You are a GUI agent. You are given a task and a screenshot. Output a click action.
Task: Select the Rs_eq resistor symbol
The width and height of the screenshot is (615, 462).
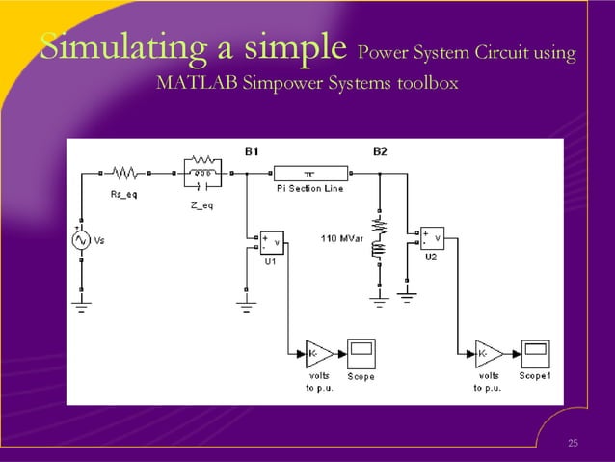(x=125, y=174)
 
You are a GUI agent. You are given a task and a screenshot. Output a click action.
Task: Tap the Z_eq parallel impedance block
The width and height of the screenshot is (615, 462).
(x=202, y=173)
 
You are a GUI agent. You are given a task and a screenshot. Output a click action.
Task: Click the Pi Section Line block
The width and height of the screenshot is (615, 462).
(x=308, y=173)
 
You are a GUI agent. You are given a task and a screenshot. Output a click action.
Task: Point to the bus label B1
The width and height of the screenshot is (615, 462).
(x=252, y=151)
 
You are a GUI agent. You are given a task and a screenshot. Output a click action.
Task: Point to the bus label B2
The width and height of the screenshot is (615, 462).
(x=380, y=151)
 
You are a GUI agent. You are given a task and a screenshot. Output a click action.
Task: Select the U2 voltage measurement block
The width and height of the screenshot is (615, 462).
(x=430, y=237)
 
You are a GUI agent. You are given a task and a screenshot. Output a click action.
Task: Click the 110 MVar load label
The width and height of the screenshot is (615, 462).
(x=339, y=236)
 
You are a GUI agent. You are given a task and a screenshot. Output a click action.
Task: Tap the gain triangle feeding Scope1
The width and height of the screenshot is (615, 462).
(x=488, y=354)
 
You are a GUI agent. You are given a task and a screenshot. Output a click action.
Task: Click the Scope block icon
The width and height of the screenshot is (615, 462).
(x=361, y=354)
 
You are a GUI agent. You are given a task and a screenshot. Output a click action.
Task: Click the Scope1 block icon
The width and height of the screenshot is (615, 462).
(x=535, y=354)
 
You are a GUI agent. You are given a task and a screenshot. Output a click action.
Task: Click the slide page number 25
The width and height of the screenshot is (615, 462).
(x=573, y=443)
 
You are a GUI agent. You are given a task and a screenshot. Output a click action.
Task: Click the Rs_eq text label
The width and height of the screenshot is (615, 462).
(x=125, y=193)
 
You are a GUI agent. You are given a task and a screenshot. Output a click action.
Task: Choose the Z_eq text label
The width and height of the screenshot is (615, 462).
(x=201, y=204)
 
